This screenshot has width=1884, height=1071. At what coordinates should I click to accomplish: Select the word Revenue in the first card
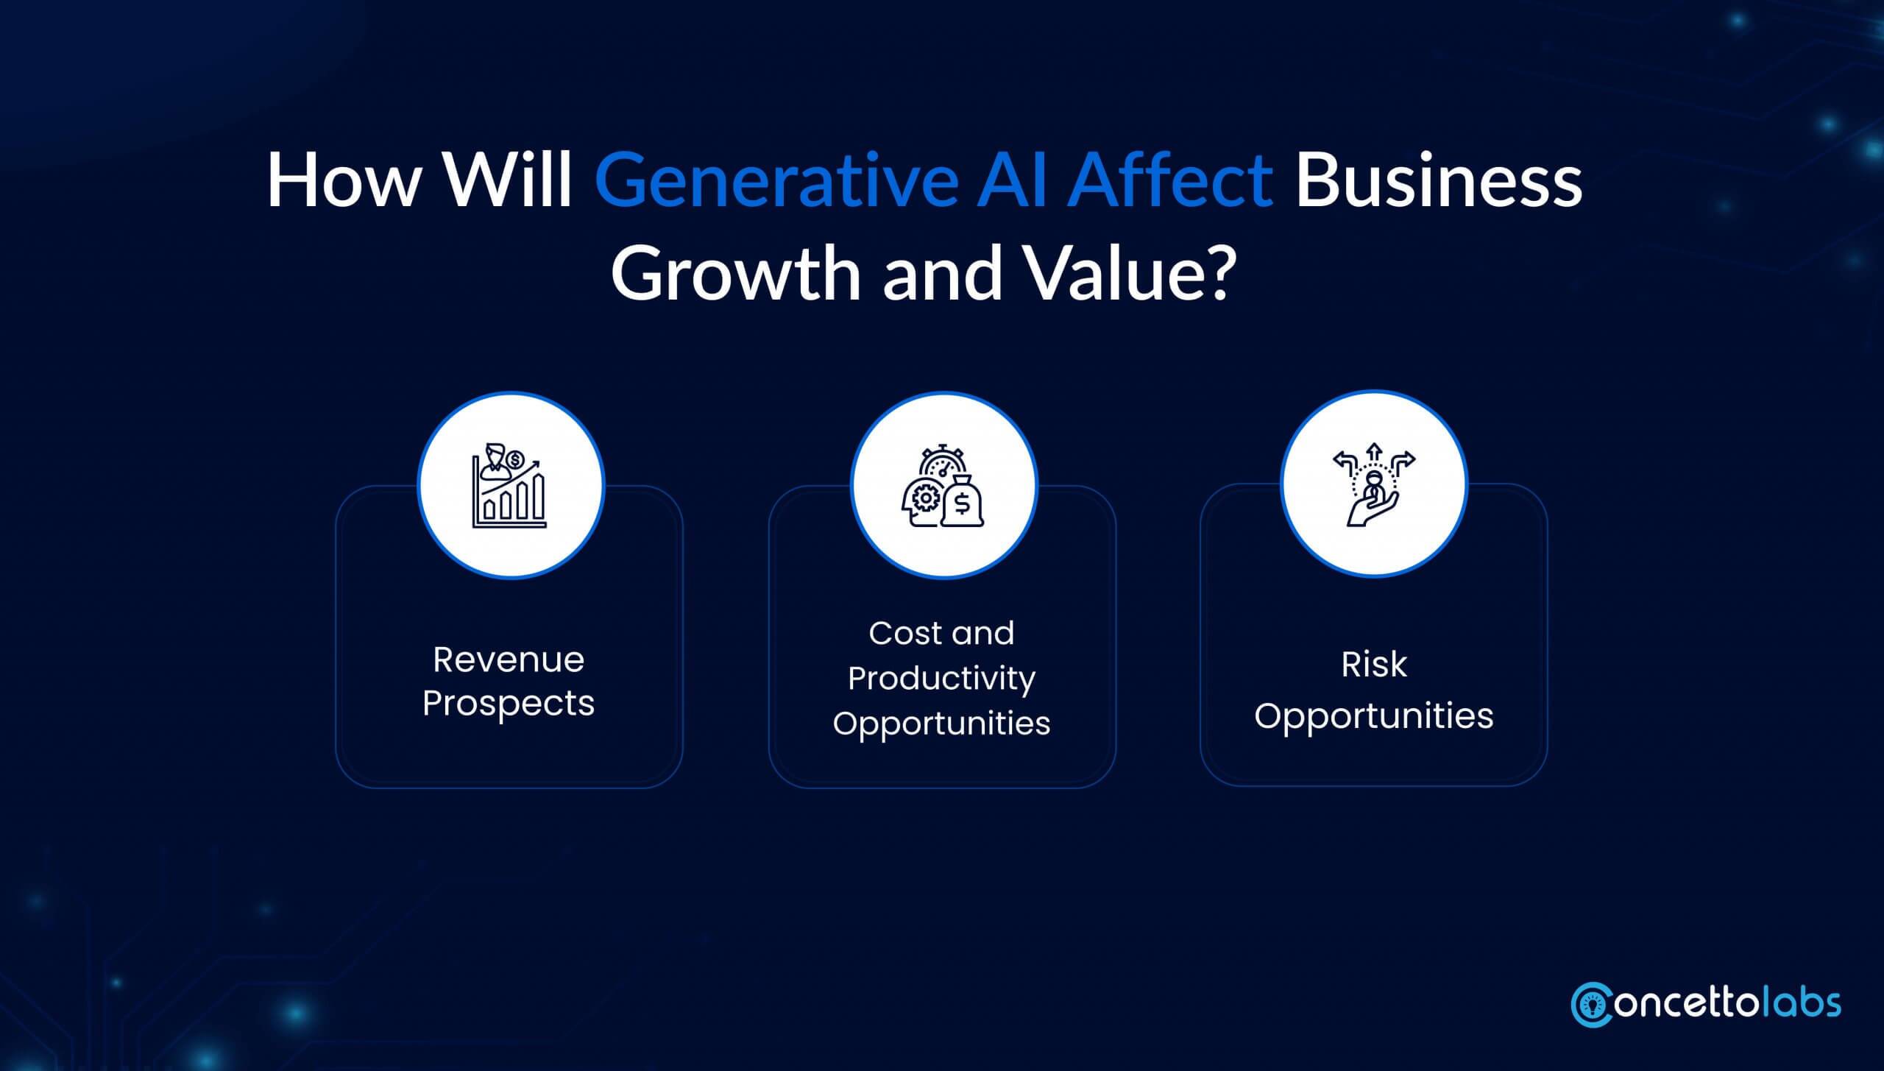(509, 660)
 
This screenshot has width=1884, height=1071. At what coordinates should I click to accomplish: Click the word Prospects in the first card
(509, 703)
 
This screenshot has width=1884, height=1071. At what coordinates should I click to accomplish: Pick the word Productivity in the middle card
(941, 678)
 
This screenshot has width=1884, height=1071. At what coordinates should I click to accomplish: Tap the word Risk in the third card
(1373, 665)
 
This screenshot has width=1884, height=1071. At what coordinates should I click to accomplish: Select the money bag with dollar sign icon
(963, 503)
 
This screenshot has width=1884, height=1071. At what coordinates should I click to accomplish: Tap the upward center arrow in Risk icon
(1373, 452)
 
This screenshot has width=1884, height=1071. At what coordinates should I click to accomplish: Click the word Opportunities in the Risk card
(1373, 715)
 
